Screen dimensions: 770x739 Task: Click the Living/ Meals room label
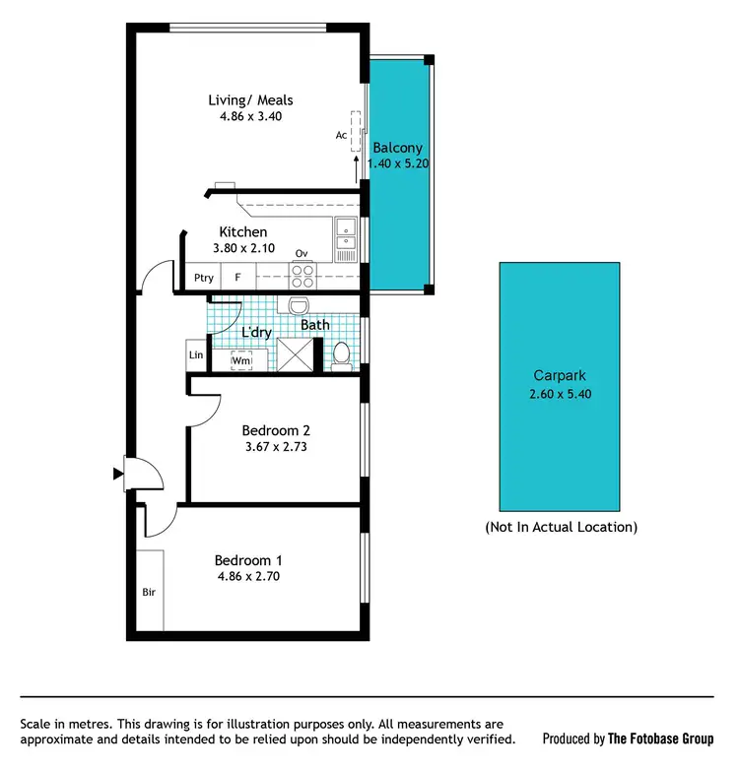tap(250, 99)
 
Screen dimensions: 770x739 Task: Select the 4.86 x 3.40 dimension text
tap(250, 116)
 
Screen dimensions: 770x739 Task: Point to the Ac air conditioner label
tap(341, 135)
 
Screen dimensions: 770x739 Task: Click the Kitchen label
tap(242, 232)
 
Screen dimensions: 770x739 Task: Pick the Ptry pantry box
tap(204, 278)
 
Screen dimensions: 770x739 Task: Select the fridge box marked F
tap(237, 278)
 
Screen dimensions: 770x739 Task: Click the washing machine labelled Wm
tap(241, 360)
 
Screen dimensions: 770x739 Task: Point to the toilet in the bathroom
tap(341, 354)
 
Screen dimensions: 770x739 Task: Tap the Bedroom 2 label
tap(276, 430)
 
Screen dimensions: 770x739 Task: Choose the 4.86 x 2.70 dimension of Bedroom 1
tap(247, 577)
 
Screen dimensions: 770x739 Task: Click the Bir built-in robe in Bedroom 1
tap(150, 593)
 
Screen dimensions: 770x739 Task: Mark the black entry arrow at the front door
tap(119, 477)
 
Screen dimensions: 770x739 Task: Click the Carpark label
tap(560, 375)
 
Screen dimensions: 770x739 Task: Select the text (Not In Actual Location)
tap(561, 527)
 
